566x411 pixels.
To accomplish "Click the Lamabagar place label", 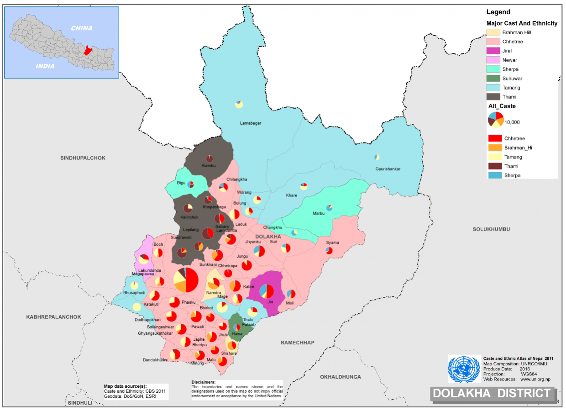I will coord(251,123).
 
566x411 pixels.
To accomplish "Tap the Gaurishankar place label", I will coord(388,169).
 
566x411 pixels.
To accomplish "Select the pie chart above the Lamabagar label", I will coord(239,105).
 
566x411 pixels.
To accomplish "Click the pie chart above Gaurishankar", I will coord(377,157).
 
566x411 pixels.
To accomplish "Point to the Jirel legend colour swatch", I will coord(493,51).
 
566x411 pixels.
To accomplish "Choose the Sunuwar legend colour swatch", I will coord(493,78).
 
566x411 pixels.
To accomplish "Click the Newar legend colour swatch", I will coord(493,60).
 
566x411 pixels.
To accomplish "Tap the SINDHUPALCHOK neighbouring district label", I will coord(83,158).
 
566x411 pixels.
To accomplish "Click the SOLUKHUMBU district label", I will coord(491,229).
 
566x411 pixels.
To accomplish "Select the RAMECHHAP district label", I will coord(298,342).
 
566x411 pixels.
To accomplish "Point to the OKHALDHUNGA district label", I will coord(340,377).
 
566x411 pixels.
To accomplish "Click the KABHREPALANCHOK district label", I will coord(53,317).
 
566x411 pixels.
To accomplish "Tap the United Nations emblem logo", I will coord(464,369).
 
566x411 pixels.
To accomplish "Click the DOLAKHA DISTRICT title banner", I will coord(492,393).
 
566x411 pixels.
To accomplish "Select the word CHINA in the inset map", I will coord(81,28).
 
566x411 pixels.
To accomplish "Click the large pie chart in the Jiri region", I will coord(267,291).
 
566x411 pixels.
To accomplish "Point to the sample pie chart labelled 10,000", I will coord(496,119).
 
